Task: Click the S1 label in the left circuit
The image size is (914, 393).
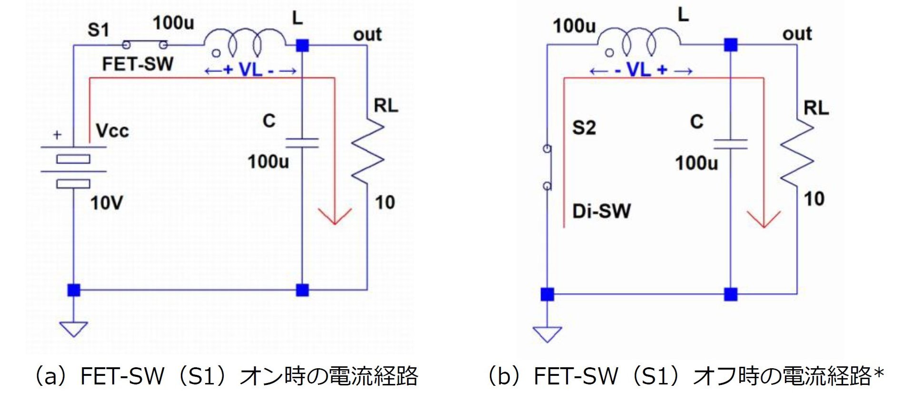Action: (99, 30)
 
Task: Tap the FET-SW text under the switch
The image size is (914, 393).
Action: (138, 64)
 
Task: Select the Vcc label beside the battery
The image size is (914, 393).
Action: (112, 131)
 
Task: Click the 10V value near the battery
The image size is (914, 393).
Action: (106, 203)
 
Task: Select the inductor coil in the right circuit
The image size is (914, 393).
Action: (638, 43)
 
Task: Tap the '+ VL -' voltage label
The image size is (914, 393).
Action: (250, 71)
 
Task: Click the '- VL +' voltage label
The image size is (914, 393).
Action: (641, 71)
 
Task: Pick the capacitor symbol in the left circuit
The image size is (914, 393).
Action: (302, 143)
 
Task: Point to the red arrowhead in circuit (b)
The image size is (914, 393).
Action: (764, 219)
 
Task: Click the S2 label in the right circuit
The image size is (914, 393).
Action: (584, 128)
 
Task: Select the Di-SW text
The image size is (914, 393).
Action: (601, 211)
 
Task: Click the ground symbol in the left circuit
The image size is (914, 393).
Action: (73, 329)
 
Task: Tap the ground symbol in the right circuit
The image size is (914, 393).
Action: (547, 334)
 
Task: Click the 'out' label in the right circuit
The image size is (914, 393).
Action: (797, 34)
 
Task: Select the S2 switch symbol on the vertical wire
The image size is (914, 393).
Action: (547, 168)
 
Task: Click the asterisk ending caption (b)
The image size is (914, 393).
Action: (879, 373)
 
